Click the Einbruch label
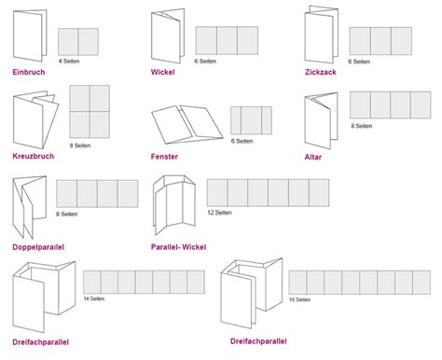point(30,72)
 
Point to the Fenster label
point(164,157)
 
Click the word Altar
point(314,157)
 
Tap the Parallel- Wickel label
point(178,246)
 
